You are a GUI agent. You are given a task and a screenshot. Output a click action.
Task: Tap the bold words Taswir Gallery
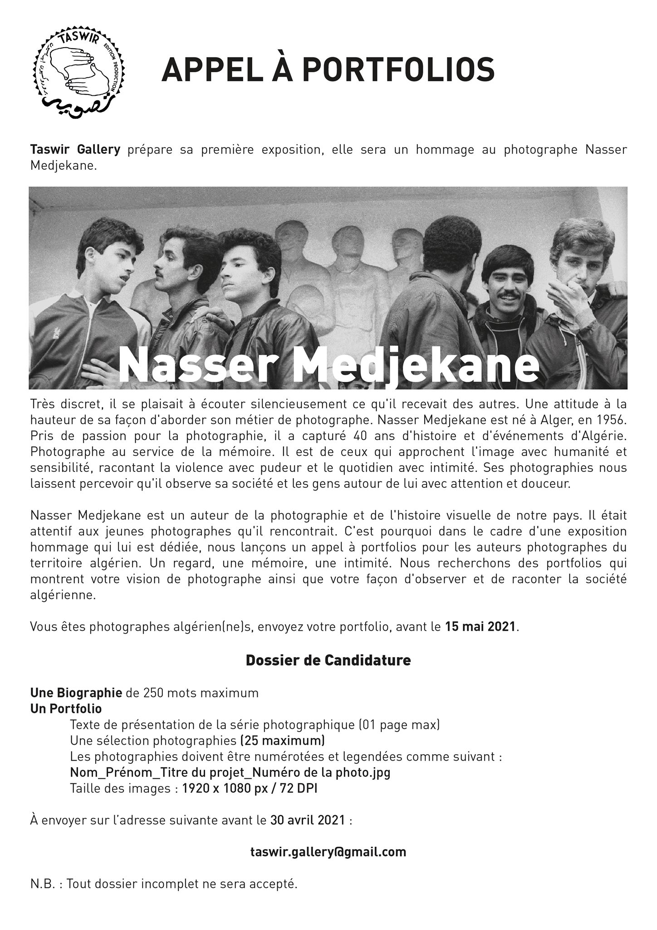coord(75,150)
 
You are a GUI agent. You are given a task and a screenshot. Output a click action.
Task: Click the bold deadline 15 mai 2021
coord(480,627)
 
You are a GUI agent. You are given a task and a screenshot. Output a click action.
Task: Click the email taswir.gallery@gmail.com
coord(328,852)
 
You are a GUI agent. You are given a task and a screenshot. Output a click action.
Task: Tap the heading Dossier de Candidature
coord(328,660)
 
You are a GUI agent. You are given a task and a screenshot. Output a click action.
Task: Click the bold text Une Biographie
coord(76,693)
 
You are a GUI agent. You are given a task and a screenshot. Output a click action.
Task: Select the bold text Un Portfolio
coord(66,709)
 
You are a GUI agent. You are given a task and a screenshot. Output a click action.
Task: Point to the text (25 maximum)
coord(282,741)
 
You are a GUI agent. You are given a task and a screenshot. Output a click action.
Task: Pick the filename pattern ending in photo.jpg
coord(230,772)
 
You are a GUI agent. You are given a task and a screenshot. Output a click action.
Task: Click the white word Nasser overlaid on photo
coord(198,366)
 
